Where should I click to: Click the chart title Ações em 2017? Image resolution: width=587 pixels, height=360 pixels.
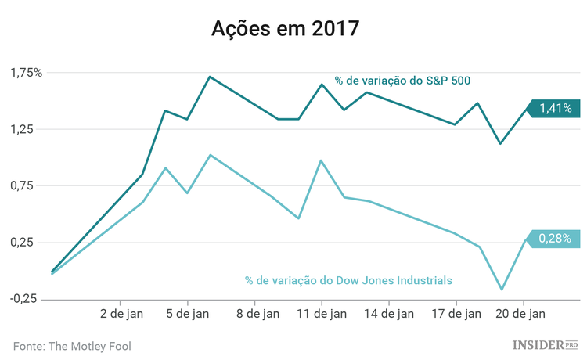(x=285, y=29)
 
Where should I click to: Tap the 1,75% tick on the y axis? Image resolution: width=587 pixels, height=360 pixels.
(x=27, y=73)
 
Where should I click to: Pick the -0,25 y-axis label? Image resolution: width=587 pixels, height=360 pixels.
(x=24, y=298)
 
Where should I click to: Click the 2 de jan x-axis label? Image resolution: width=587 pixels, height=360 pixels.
(x=120, y=315)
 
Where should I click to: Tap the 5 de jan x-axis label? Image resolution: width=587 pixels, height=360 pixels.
(x=187, y=315)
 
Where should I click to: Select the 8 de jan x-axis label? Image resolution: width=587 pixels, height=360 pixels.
(x=254, y=315)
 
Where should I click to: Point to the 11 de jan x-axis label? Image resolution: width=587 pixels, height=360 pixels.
(x=322, y=315)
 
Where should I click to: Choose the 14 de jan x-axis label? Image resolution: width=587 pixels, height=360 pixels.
(x=389, y=315)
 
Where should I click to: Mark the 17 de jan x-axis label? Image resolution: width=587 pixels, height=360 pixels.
(x=456, y=315)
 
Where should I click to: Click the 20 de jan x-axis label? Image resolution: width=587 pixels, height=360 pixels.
(x=523, y=315)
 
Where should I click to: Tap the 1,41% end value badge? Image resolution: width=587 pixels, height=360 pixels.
(x=556, y=109)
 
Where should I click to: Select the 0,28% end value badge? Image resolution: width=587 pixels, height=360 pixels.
(x=556, y=239)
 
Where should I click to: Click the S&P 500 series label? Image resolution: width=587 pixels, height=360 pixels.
(x=402, y=80)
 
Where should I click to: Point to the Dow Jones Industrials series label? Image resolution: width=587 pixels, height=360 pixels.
(x=348, y=279)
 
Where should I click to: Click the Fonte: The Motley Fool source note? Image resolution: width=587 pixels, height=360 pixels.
(x=72, y=345)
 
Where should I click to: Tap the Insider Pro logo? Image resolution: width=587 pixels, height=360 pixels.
(x=546, y=344)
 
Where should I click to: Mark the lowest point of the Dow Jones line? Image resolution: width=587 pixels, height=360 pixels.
(x=502, y=290)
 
